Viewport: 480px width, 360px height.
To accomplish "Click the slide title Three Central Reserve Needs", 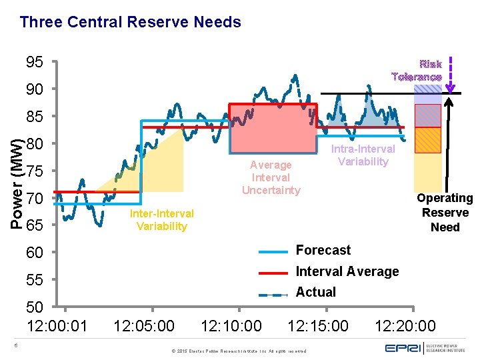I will point(131,22).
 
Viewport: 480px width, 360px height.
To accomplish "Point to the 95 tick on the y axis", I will point(35,63).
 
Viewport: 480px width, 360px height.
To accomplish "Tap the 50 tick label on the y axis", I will point(35,307).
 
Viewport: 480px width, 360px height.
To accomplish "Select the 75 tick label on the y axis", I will point(35,171).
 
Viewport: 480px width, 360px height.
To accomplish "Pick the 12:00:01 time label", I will point(57,326).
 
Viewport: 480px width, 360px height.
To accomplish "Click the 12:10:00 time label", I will point(231,326).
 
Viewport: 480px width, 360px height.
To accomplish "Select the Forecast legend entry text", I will point(323,251).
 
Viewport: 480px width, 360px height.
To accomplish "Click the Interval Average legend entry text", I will point(347,271).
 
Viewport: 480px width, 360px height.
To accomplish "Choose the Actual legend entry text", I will point(315,292).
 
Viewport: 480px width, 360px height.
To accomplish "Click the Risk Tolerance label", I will point(417,71).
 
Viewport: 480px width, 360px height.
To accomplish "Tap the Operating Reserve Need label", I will point(445,213).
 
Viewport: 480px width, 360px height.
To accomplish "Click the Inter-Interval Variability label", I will point(161,220).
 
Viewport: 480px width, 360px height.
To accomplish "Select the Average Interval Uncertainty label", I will point(270,177).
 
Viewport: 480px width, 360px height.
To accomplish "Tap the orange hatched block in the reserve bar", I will point(428,139).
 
